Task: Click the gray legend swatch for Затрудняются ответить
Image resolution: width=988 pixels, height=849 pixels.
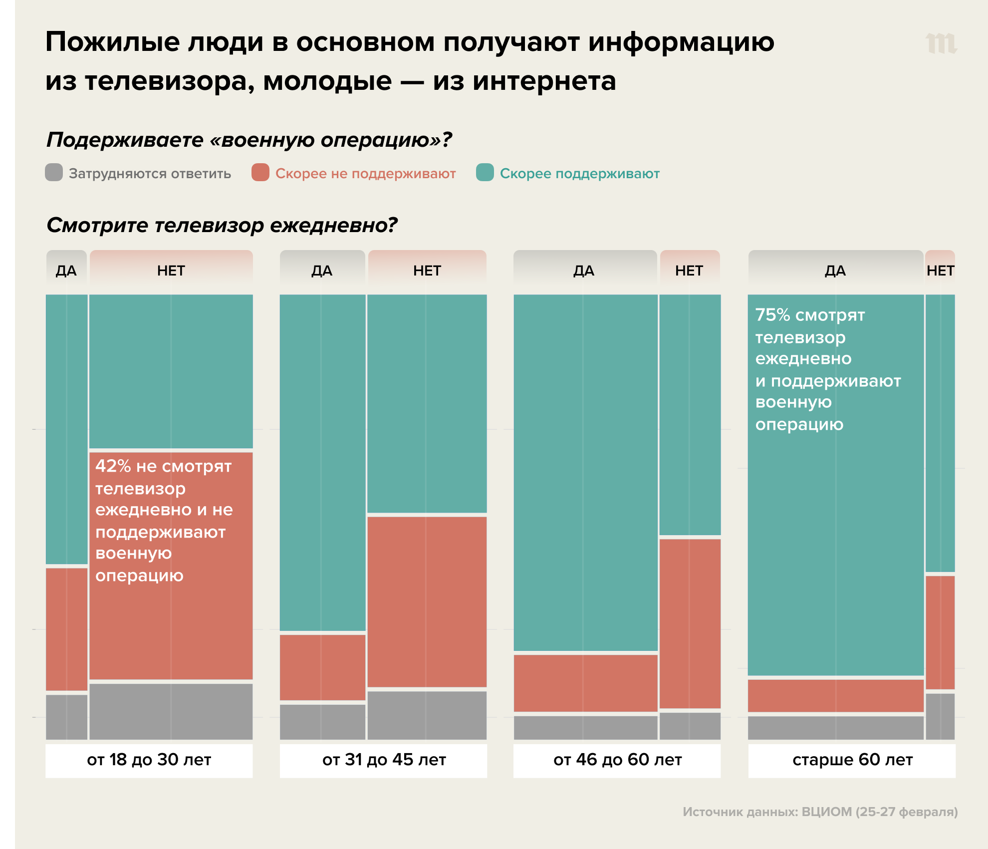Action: pyautogui.click(x=54, y=173)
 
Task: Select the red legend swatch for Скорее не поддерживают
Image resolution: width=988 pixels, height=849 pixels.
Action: pyautogui.click(x=260, y=173)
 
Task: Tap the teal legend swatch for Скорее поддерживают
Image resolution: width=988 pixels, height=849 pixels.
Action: pyautogui.click(x=485, y=173)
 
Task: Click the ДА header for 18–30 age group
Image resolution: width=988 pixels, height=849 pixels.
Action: pyautogui.click(x=66, y=271)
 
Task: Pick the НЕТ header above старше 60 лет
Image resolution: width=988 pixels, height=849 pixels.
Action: pyautogui.click(x=940, y=271)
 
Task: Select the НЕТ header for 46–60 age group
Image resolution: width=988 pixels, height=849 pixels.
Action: pyautogui.click(x=689, y=271)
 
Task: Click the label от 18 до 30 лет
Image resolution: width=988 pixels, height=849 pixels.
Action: pyautogui.click(x=149, y=760)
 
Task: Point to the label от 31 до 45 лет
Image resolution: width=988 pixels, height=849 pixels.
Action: pyautogui.click(x=384, y=760)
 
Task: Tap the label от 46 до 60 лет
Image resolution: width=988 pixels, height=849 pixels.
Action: pyautogui.click(x=617, y=760)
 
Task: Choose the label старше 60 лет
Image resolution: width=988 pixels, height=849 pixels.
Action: pyautogui.click(x=852, y=760)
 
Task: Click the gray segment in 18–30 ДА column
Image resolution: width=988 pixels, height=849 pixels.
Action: pyautogui.click(x=66, y=717)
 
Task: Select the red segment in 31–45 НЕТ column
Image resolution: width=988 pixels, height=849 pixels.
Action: pyautogui.click(x=427, y=601)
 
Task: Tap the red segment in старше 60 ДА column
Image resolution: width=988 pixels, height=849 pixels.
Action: pyautogui.click(x=836, y=696)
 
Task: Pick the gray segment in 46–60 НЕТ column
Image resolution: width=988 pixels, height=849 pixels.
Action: pyautogui.click(x=690, y=726)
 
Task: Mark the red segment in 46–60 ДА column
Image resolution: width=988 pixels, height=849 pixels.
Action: pyautogui.click(x=585, y=683)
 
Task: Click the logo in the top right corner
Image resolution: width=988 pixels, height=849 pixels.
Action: pyautogui.click(x=941, y=43)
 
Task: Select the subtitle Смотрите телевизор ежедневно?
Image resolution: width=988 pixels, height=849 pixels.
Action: pyautogui.click(x=222, y=225)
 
